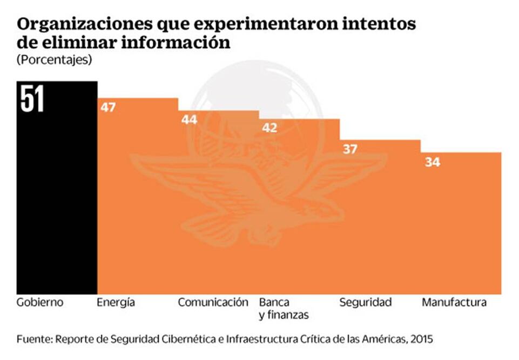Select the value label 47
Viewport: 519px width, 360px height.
point(108,107)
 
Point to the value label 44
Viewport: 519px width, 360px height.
point(189,119)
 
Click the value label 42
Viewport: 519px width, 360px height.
point(269,128)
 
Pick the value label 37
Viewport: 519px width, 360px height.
point(350,149)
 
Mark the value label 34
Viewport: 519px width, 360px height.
point(432,162)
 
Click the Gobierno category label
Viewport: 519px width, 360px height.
point(40,302)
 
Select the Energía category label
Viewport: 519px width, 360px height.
point(116,302)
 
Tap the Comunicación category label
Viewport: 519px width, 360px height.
point(213,302)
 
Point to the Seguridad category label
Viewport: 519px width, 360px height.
point(365,302)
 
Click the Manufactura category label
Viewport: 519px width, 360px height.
point(454,302)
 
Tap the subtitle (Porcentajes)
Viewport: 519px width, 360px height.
point(54,60)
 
